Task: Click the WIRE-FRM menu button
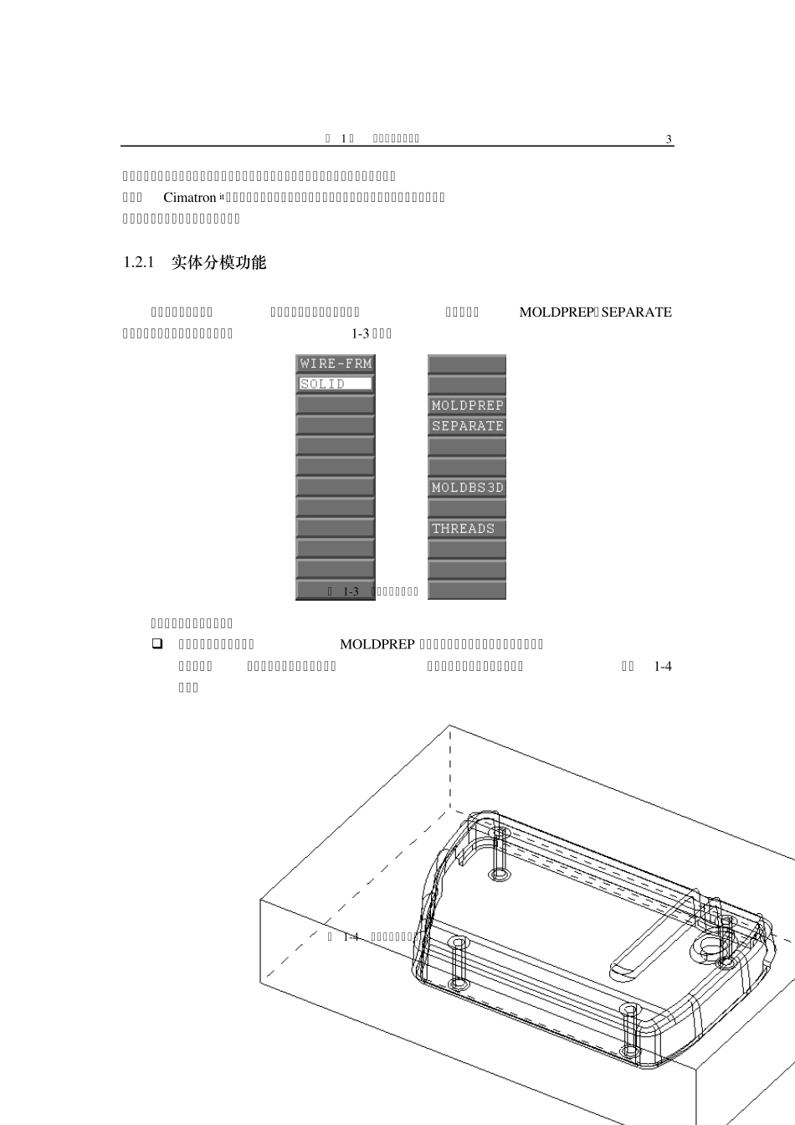point(336,364)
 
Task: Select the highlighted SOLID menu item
point(335,384)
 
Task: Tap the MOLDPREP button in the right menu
point(467,405)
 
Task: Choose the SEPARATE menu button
point(467,426)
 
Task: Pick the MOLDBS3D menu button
point(467,488)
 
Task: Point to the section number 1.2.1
point(140,263)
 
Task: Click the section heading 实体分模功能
point(218,263)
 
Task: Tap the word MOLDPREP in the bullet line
point(377,644)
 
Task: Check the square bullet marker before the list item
point(156,644)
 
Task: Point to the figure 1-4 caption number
point(351,937)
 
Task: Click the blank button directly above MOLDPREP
point(467,384)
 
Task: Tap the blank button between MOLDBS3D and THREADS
point(467,508)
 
